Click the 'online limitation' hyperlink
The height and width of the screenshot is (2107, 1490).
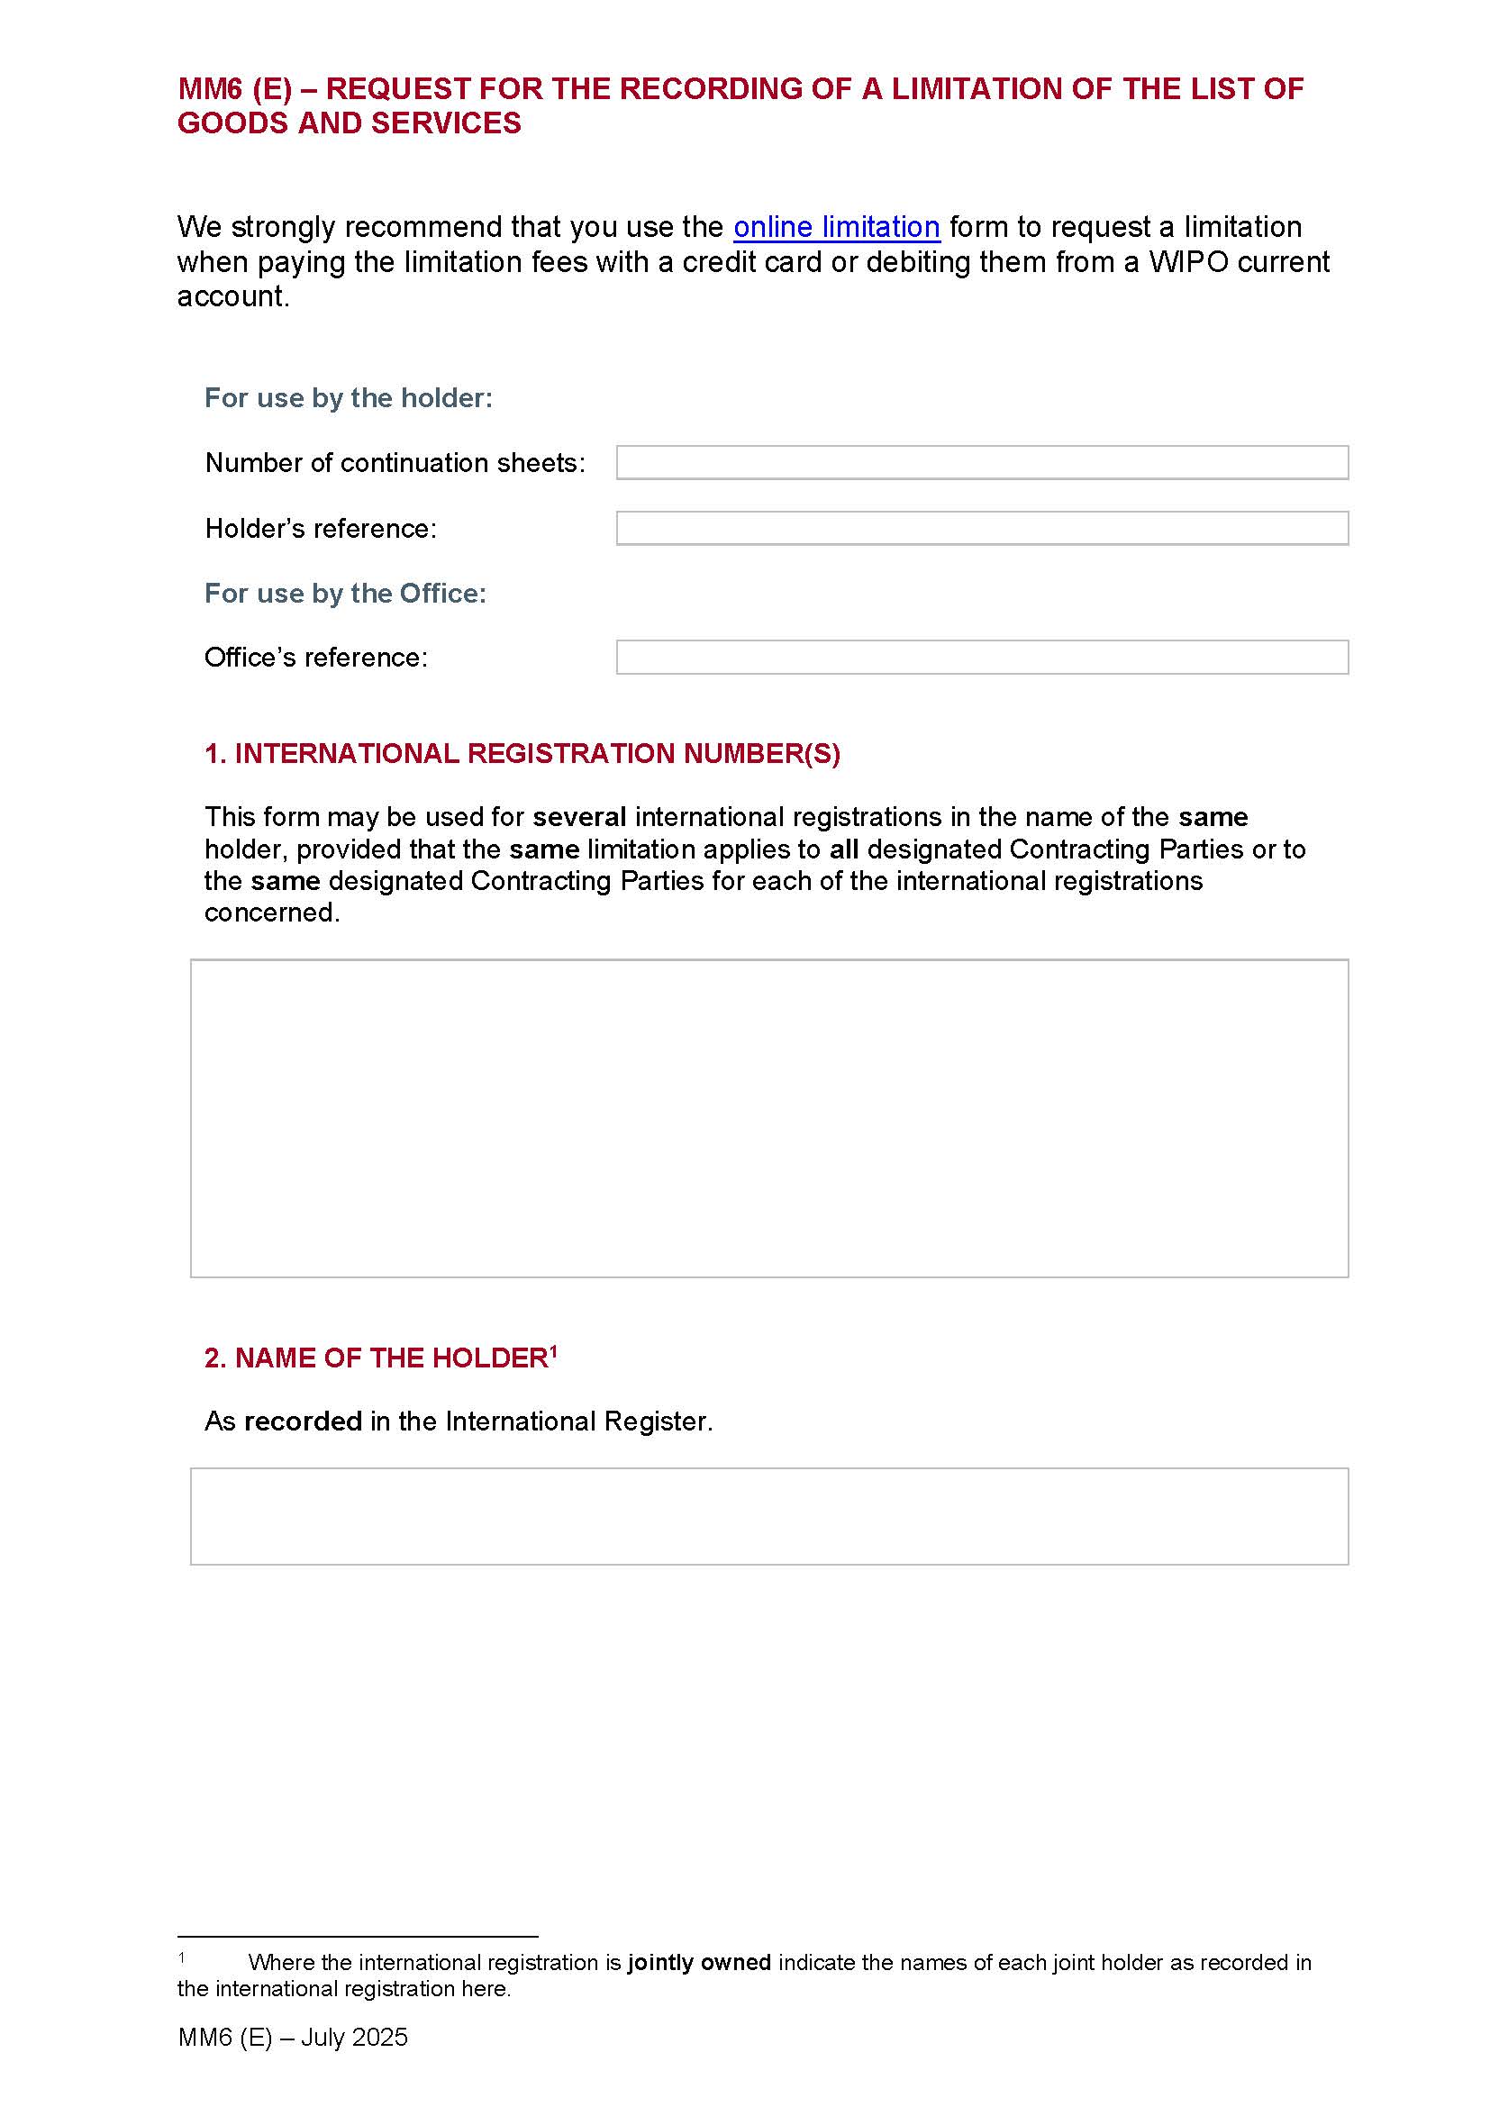(836, 227)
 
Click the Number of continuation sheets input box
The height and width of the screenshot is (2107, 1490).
(982, 462)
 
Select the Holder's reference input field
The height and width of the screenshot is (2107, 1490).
(982, 529)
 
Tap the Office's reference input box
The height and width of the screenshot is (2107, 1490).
(982, 657)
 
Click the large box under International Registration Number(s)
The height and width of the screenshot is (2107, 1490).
(768, 1118)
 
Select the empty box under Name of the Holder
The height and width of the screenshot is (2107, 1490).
(768, 1516)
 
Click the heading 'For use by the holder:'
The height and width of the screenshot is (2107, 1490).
(349, 398)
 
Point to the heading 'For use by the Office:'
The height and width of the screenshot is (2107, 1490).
(345, 594)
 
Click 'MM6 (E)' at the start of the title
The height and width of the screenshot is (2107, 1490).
(234, 89)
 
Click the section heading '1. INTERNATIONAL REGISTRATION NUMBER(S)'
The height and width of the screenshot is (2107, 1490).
(522, 753)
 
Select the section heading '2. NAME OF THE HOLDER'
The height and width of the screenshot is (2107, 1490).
(377, 1358)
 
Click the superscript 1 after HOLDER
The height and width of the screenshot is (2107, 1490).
(553, 1351)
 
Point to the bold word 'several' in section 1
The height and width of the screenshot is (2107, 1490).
(579, 817)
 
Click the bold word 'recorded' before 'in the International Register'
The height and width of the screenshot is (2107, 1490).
(303, 1421)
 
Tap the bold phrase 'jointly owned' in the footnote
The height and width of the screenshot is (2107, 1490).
(698, 1962)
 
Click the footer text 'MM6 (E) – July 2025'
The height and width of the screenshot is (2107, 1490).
(293, 2038)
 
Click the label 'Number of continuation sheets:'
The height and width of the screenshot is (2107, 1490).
(395, 462)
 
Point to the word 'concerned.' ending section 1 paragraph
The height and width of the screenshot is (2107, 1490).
(271, 913)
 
